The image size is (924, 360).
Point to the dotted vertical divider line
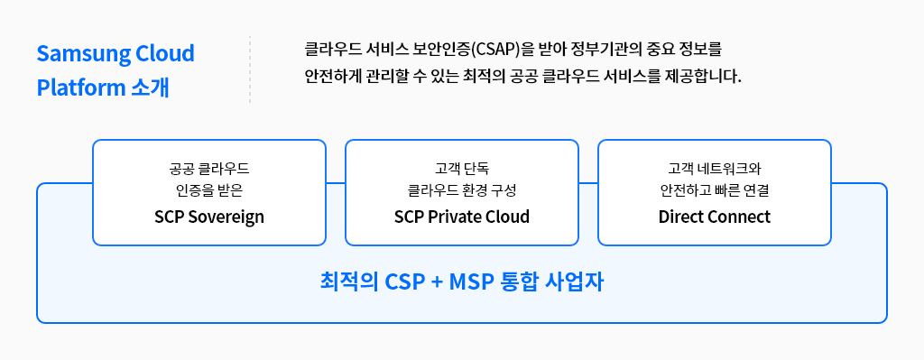point(250,69)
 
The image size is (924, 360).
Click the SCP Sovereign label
point(209,217)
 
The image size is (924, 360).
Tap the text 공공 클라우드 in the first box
point(209,169)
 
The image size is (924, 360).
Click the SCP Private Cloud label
point(462,217)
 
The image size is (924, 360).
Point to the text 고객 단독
point(462,169)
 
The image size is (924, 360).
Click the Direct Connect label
point(715,217)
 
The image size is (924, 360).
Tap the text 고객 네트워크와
point(715,169)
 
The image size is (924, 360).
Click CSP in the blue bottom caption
point(405,282)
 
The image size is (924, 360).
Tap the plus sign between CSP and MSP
point(437,282)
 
